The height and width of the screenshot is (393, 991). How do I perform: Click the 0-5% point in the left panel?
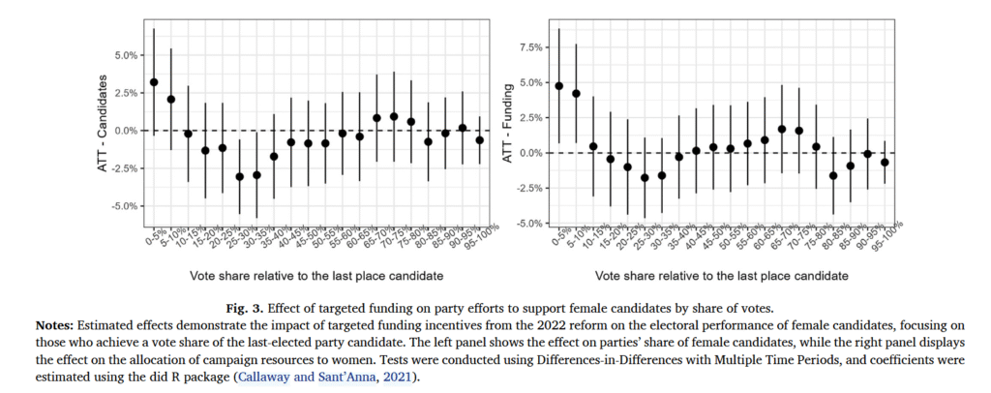coord(154,82)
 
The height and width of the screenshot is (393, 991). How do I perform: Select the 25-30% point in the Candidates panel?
coord(256,175)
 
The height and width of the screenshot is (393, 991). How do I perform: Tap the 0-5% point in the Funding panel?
coord(558,85)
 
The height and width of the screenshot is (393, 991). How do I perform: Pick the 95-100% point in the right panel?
coord(884,163)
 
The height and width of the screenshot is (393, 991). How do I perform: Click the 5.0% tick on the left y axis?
coord(125,55)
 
